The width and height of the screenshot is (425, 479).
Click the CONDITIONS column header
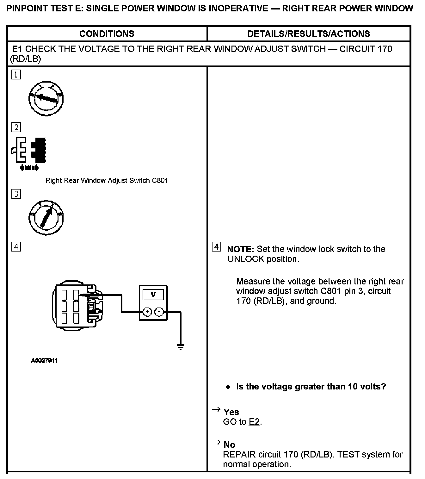tap(107, 34)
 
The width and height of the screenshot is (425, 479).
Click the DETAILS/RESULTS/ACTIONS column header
tap(308, 34)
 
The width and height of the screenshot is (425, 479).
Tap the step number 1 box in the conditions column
tap(16, 75)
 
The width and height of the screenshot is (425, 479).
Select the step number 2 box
tap(16, 127)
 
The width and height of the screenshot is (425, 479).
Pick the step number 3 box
tap(16, 194)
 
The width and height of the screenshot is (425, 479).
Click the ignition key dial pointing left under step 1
tap(46, 98)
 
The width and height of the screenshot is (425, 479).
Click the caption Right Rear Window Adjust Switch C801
tap(107, 180)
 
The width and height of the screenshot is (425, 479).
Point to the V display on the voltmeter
tap(153, 295)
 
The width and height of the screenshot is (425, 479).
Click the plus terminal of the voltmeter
tap(147, 312)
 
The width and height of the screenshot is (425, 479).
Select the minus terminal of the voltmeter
tap(160, 312)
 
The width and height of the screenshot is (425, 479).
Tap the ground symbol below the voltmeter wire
tap(181, 347)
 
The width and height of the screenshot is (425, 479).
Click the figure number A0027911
tap(44, 361)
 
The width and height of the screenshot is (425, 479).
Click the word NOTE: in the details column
tap(240, 249)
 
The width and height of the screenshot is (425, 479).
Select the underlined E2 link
tap(254, 422)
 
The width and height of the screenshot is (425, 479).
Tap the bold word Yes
tap(231, 412)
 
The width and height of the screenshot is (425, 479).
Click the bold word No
tap(229, 445)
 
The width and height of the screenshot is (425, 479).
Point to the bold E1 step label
tap(17, 49)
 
